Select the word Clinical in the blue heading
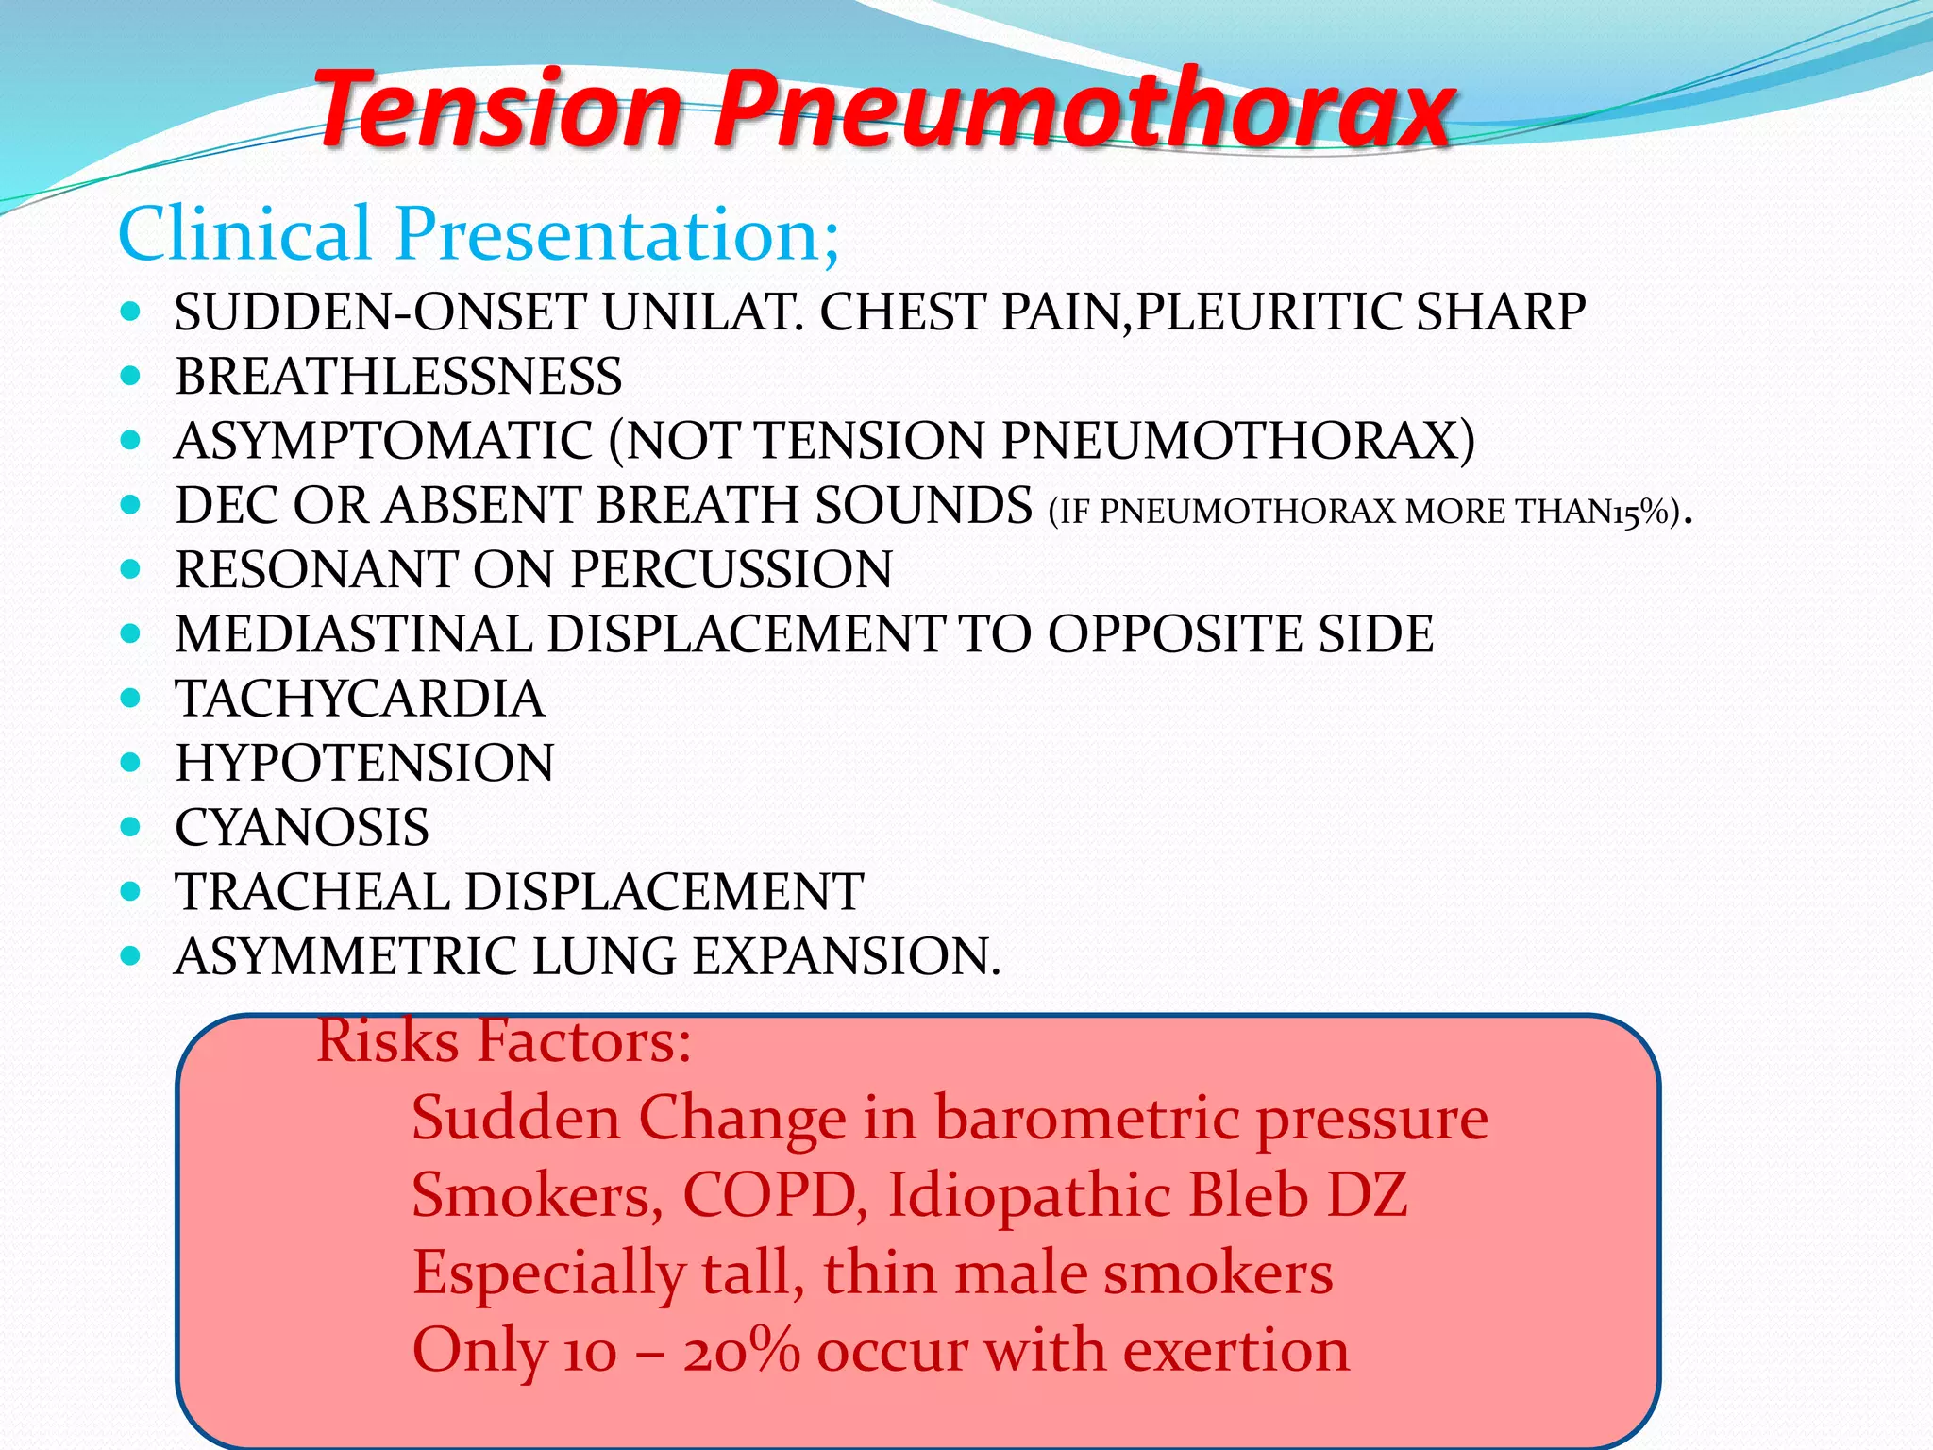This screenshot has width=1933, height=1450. [x=244, y=233]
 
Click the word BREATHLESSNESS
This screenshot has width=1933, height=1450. [x=398, y=377]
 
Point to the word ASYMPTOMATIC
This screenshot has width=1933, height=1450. [x=383, y=441]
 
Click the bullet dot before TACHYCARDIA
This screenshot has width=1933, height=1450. [x=131, y=699]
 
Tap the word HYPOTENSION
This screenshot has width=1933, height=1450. [x=364, y=763]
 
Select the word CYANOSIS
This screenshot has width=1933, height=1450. [x=302, y=827]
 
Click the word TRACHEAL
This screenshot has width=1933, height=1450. [x=313, y=892]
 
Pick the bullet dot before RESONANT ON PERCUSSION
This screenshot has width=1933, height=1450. [x=131, y=569]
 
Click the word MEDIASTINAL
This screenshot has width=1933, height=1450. [x=354, y=633]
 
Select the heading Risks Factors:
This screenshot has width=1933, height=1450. [x=504, y=1041]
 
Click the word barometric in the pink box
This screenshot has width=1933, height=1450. [x=1086, y=1119]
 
